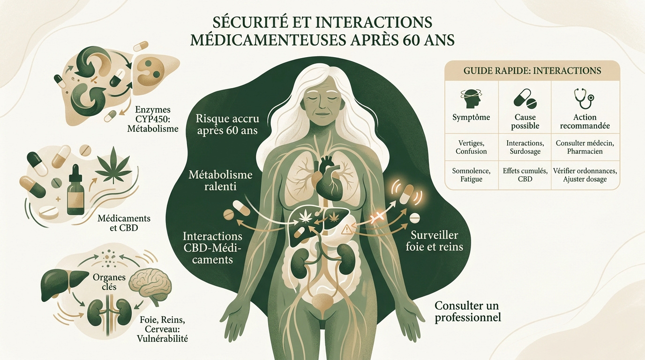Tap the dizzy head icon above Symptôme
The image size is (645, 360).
tap(471, 99)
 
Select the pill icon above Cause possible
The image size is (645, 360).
tap(525, 99)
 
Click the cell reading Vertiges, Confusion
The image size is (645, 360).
tap(471, 147)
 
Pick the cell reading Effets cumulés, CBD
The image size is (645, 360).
tap(525, 175)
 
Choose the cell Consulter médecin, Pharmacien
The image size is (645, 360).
tap(585, 147)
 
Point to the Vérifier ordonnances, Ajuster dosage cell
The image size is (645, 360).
tap(585, 175)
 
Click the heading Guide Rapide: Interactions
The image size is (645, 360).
tap(532, 71)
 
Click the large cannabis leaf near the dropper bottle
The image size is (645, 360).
tap(113, 165)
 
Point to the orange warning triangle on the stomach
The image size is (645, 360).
tap(346, 229)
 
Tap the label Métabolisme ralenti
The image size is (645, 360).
tap(220, 180)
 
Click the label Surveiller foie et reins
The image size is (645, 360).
tap(434, 241)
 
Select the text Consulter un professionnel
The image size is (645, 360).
tap(468, 311)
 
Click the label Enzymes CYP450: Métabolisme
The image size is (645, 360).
tap(153, 119)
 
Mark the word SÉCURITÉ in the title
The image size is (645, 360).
tap(250, 22)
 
